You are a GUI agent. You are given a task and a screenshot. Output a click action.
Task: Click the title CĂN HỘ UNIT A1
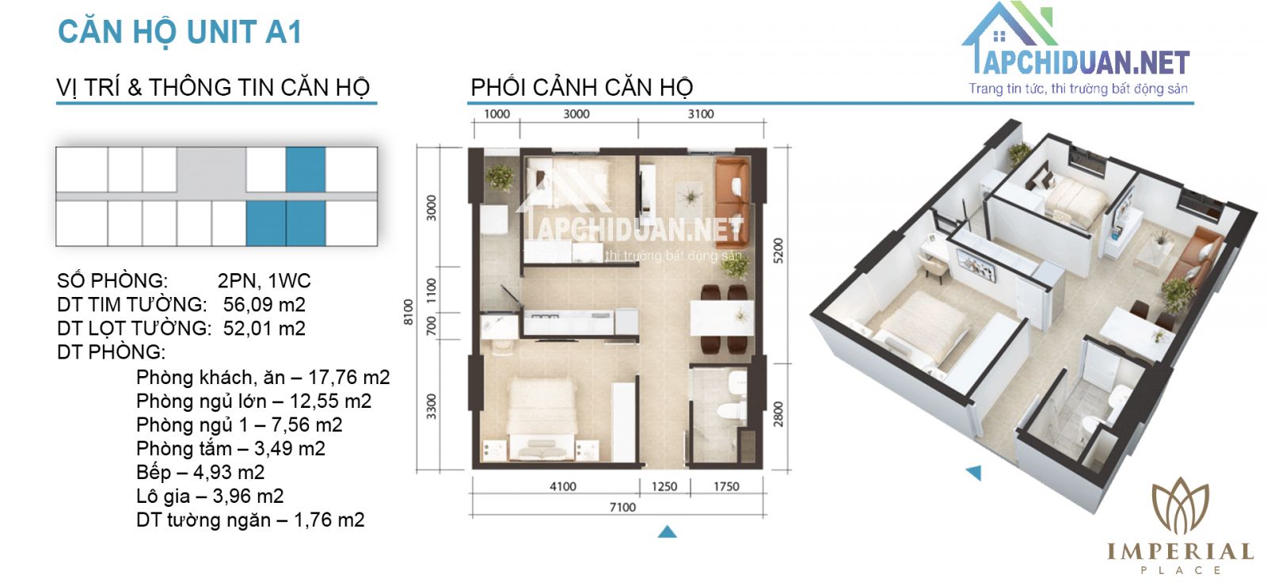[180, 32]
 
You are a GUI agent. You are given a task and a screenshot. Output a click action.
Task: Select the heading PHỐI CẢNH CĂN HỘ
[581, 87]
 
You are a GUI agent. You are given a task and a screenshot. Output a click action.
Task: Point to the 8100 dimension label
[409, 311]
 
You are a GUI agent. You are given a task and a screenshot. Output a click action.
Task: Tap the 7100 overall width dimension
[622, 507]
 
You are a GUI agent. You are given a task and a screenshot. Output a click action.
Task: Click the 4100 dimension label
[563, 486]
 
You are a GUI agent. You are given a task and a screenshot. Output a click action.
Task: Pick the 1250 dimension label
[664, 486]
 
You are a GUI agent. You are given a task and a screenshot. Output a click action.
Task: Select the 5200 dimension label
[778, 251]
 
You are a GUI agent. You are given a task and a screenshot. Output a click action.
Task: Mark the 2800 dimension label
[778, 414]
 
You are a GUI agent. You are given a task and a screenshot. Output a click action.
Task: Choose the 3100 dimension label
[700, 114]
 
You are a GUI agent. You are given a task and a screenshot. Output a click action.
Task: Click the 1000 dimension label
[497, 114]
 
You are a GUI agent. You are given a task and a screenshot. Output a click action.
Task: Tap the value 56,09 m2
[264, 305]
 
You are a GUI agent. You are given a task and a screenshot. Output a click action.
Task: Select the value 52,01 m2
[264, 329]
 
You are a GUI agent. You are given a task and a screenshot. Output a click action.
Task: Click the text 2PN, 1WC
[264, 281]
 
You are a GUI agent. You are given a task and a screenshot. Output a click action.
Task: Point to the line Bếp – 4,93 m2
[200, 473]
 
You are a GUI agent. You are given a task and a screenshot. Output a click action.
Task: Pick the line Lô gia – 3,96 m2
[210, 497]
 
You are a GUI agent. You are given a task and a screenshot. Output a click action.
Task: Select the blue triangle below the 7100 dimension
[668, 531]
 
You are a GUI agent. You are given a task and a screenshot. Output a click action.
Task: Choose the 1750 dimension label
[725, 486]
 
